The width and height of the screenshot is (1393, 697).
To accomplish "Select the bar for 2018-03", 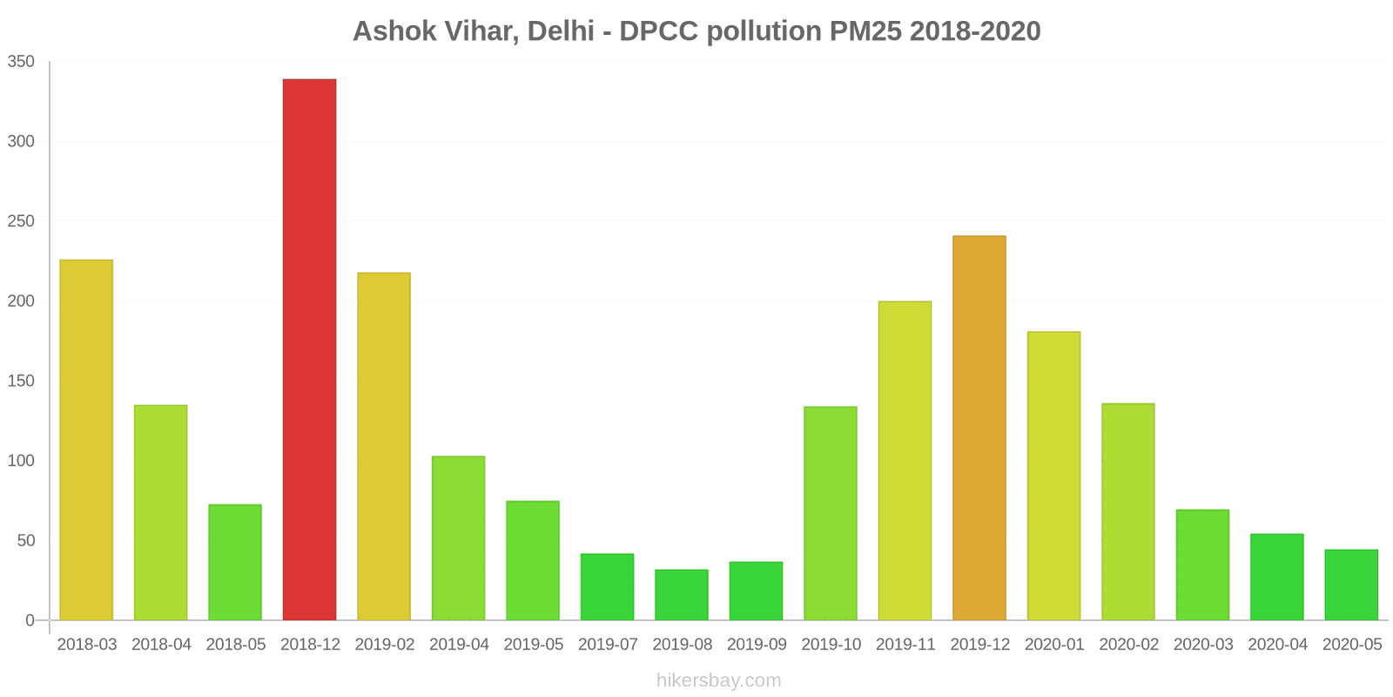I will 86,440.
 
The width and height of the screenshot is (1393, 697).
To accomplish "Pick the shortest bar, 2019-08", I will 682,595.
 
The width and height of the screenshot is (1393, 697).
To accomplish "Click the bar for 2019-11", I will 905,460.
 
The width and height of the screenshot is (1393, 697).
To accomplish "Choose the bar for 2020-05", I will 1351,585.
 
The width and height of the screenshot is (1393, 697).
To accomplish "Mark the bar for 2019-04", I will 458,538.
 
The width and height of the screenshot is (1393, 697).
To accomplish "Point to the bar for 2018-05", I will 235,562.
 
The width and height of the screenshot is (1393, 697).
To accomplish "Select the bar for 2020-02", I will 1128,511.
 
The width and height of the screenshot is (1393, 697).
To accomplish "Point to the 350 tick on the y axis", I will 21,62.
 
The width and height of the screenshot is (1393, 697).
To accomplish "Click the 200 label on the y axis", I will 21,301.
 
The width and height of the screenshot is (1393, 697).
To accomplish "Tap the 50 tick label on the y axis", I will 25,541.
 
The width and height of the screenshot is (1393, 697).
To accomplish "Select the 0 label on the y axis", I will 30,620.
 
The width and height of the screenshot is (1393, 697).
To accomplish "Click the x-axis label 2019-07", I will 608,645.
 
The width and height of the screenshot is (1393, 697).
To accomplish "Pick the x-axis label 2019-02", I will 384,645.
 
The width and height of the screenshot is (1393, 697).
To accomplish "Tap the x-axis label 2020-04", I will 1277,645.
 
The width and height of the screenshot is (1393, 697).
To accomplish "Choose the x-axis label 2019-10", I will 831,645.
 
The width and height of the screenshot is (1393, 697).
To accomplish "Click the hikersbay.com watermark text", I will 718,680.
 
